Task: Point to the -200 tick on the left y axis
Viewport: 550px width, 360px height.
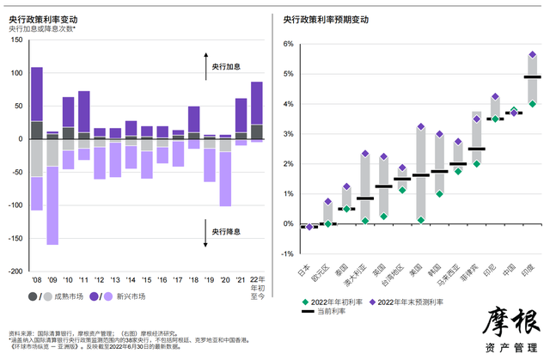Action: pos(17,271)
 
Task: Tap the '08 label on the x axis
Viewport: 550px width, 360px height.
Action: pos(37,280)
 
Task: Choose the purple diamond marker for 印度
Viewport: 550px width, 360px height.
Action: pos(533,55)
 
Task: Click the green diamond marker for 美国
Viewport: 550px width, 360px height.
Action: pos(421,220)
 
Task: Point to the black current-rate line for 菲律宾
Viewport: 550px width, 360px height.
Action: pos(477,149)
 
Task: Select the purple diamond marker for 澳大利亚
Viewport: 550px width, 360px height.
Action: pos(365,154)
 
